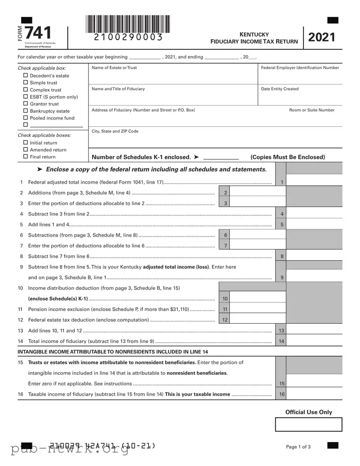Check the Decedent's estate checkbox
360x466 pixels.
tap(26, 76)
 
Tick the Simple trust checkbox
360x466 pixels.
tap(26, 83)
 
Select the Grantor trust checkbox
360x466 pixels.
tap(26, 104)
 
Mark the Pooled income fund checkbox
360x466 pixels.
tap(26, 118)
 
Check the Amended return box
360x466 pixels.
tap(26, 150)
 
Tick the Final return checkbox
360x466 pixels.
tap(26, 157)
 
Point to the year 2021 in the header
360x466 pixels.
tap(321, 37)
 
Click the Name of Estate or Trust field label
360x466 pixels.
tap(114, 68)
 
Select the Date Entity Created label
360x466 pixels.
tap(280, 89)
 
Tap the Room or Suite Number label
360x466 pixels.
tap(312, 110)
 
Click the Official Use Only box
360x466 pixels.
tap(308, 424)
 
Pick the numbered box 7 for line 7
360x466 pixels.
tap(225, 246)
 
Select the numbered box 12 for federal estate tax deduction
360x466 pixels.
tap(225, 320)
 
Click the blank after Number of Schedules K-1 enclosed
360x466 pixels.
tap(221, 157)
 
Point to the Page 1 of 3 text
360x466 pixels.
tap(298, 447)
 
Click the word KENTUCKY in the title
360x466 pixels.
tap(254, 34)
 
